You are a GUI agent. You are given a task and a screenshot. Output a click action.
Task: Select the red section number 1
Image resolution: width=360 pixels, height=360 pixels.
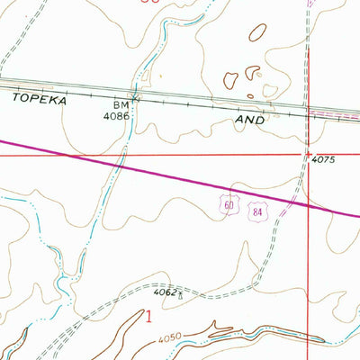148,315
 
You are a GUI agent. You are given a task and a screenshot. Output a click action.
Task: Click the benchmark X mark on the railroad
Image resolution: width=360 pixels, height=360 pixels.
136,95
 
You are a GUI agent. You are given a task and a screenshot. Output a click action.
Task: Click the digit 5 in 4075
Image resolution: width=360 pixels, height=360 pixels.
332,158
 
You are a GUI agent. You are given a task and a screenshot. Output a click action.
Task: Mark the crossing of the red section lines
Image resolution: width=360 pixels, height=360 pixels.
309,154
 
